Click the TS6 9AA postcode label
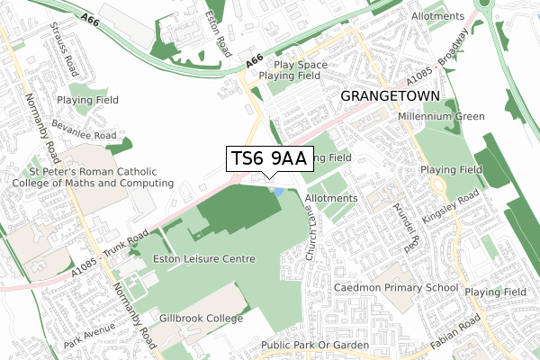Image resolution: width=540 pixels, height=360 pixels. [x=269, y=159]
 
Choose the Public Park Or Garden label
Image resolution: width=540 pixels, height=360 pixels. [x=315, y=346]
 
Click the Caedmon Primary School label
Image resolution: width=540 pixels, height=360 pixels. [x=397, y=287]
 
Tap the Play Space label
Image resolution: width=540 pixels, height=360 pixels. [x=301, y=65]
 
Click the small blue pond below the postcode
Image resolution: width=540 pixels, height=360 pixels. [x=275, y=192]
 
